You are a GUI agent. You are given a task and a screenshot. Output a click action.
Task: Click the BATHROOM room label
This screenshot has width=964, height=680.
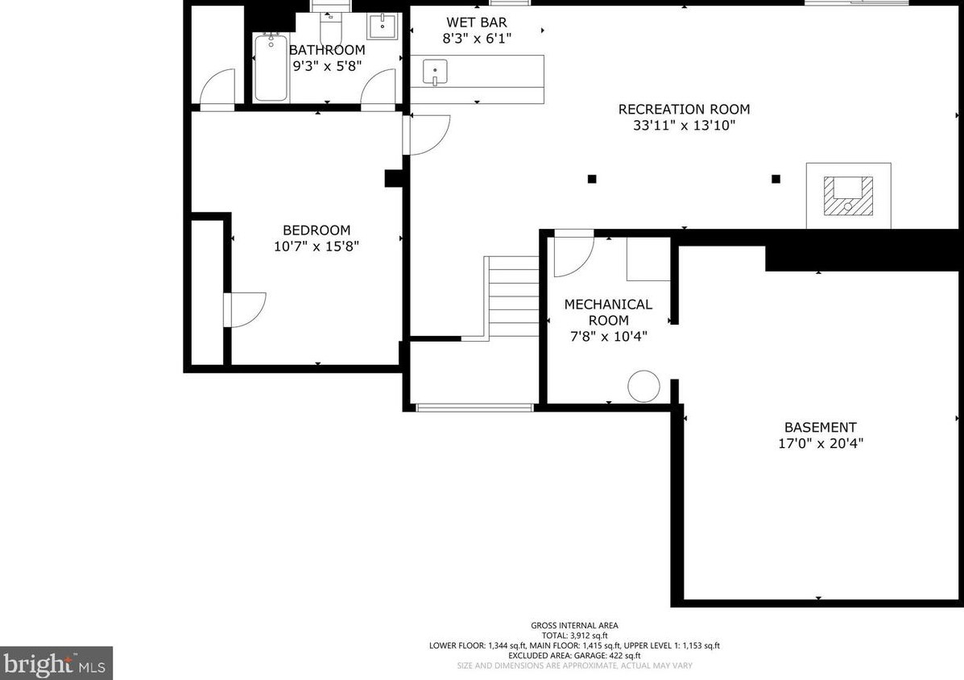coord(327,50)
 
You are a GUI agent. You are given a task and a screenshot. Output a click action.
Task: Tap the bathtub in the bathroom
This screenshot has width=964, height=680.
coord(271,68)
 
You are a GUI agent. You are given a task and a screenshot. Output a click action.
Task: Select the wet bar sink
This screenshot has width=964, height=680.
coord(434,73)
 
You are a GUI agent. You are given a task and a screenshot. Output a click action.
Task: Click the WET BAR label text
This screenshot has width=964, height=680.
coord(477,23)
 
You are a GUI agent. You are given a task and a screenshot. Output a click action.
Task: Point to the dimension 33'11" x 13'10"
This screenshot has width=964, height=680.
coord(684,126)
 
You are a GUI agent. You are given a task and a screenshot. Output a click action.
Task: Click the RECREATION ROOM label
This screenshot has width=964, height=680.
coord(684,109)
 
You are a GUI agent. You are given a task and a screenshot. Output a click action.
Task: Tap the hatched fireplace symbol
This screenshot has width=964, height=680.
coord(847,196)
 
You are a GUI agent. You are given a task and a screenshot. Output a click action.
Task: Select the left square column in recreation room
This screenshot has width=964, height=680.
coord(592,179)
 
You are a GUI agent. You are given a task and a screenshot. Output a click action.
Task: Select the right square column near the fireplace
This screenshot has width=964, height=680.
coord(776,179)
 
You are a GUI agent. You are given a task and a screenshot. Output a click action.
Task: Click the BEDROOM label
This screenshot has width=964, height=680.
coord(317,230)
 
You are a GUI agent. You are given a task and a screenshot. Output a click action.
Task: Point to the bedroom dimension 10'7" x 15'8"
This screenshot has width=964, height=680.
coord(317,247)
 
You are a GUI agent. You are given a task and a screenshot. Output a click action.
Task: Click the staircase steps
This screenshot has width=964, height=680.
coord(512,296)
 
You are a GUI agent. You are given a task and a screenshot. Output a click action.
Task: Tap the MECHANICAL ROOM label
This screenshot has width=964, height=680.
coord(608,312)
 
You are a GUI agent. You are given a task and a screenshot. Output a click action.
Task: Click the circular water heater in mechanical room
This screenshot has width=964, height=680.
coord(643,386)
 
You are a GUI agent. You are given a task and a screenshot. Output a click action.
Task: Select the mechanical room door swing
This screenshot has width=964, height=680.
coord(573,251)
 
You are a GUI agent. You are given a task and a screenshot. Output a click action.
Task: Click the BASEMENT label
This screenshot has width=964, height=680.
coord(821,427)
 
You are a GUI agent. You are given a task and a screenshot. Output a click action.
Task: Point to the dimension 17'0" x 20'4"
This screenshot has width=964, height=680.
coord(821,443)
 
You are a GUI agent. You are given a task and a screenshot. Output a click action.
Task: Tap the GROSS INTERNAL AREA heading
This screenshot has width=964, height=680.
coord(574,625)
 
